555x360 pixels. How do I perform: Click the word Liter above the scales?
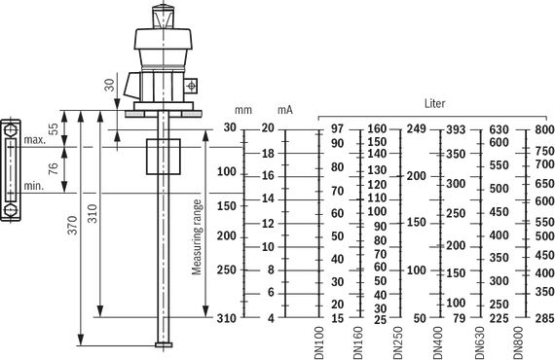(434, 103)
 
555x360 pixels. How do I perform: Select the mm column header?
(243, 110)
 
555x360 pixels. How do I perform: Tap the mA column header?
(285, 110)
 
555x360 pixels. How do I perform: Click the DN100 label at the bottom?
(319, 342)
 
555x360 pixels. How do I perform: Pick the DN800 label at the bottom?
(518, 342)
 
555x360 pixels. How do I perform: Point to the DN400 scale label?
(438, 342)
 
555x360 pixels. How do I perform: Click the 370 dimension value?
(72, 225)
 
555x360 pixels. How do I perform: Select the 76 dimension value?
(54, 168)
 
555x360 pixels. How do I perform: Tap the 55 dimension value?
(54, 128)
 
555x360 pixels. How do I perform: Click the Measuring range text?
(197, 237)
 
